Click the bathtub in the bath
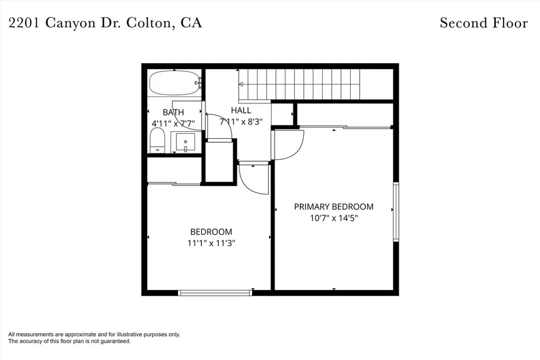tap(174, 83)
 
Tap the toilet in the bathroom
tap(158, 141)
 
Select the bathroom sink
tap(185, 142)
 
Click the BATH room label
tap(173, 112)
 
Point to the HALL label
tap(241, 111)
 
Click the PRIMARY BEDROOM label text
tap(333, 207)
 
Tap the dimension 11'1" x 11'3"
tap(211, 243)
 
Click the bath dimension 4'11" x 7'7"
tap(173, 123)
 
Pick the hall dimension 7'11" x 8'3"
tap(241, 121)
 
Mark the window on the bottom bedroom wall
tap(215, 293)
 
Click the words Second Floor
tap(484, 23)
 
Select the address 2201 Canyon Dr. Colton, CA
tap(105, 23)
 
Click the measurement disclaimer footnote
tap(94, 338)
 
